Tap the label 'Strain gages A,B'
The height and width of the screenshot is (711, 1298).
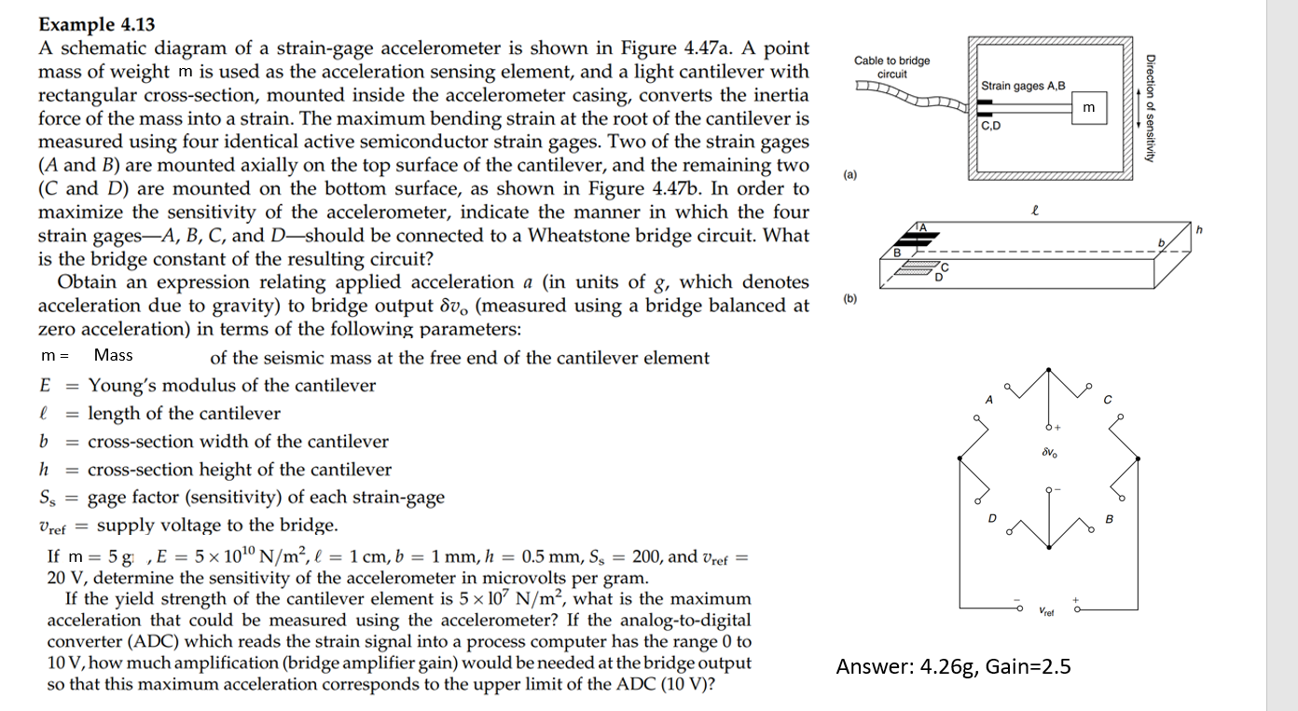pyautogui.click(x=1022, y=86)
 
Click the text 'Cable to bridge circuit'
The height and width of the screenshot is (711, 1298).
pyautogui.click(x=891, y=67)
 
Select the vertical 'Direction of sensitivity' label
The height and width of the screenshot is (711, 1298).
pyautogui.click(x=1151, y=104)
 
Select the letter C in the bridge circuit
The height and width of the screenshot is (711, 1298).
pyautogui.click(x=1107, y=400)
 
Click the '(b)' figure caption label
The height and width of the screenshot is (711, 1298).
pyautogui.click(x=849, y=299)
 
